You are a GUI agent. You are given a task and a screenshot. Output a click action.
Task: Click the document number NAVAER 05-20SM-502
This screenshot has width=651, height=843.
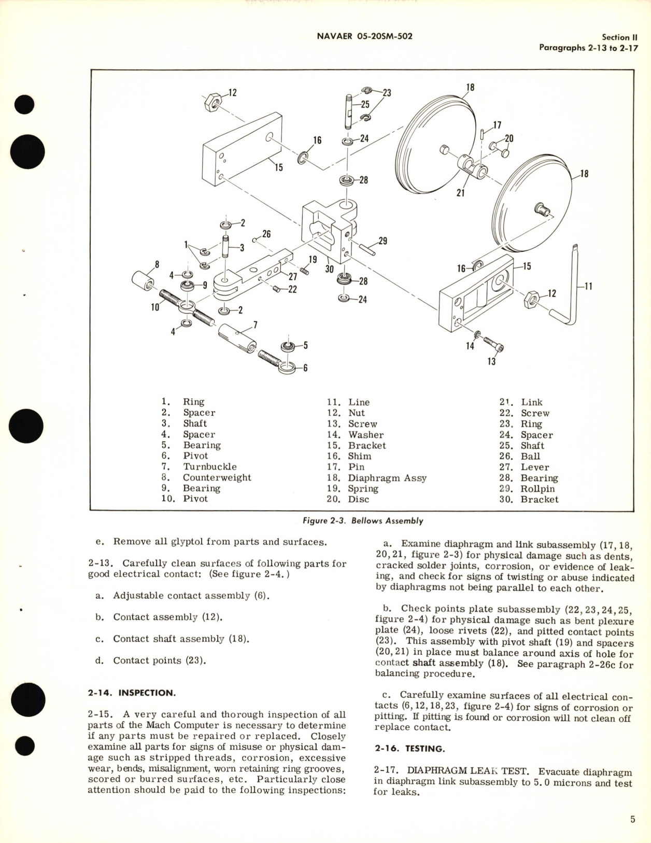point(364,36)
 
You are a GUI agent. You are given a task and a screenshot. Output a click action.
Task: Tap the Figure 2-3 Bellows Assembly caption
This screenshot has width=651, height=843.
point(362,521)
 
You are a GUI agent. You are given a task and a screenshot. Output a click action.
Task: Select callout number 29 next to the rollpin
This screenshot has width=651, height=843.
point(383,241)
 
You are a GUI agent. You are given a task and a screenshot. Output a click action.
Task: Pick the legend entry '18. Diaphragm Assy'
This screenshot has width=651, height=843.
point(377,477)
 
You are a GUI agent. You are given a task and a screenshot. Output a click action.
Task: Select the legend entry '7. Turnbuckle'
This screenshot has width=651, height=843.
point(199,467)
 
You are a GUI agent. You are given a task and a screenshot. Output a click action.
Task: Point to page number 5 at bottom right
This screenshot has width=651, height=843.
point(632,820)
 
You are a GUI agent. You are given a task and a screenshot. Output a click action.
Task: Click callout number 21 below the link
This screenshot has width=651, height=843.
point(460,193)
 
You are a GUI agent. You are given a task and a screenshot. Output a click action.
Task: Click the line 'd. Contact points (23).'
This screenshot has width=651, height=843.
point(151,661)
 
